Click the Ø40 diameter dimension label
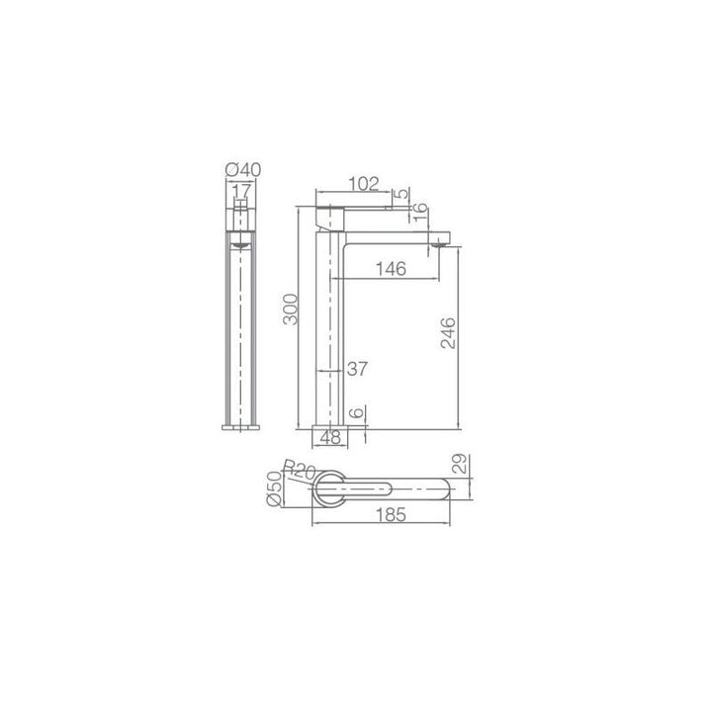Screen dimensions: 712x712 coord(243,170)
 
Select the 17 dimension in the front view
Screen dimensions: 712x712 coord(241,191)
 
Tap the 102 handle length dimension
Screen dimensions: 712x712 coord(363,184)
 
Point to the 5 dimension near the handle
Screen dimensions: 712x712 coord(400,194)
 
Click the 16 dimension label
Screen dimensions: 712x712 coord(421,212)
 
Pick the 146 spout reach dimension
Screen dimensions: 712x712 coord(391,269)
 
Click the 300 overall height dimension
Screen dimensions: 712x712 coord(291,310)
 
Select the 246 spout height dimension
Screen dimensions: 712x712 coord(448,333)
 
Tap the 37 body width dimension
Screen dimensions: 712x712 coord(357,369)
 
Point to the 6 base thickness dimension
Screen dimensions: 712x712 coord(358,412)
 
